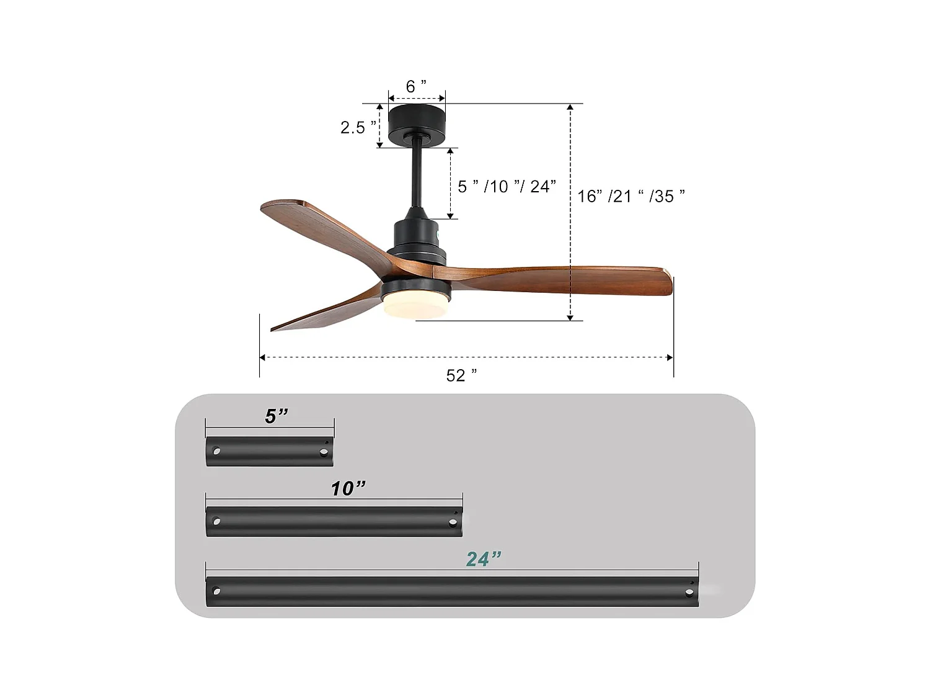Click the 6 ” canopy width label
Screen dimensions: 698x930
coord(416,86)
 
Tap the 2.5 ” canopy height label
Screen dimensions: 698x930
coord(358,127)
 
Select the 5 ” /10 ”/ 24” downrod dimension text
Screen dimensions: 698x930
coord(507,186)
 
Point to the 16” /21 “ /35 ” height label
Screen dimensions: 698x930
coord(631,196)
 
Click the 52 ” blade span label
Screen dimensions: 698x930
coord(461,375)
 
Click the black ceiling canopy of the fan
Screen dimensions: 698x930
coord(417,122)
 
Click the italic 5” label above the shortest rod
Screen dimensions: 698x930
coord(277,416)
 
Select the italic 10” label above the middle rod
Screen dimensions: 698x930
coord(348,489)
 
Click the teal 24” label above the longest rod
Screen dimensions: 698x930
coord(483,559)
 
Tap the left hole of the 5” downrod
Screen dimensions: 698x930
coord(216,450)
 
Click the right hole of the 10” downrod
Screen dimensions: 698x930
coord(452,522)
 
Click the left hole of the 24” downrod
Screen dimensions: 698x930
coord(216,591)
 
